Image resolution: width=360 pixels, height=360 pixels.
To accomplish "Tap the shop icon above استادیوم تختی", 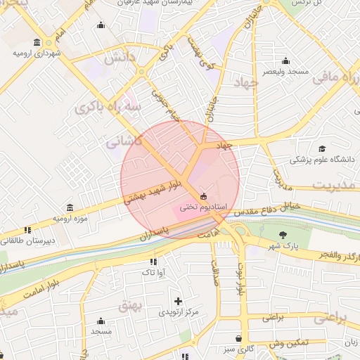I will pos(203,196).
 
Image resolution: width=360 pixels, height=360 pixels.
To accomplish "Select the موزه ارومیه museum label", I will pos(70,219).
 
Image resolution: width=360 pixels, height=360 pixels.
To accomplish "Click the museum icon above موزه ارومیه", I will pos(69,208).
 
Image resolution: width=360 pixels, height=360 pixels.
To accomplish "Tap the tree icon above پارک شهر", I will pos(283,235).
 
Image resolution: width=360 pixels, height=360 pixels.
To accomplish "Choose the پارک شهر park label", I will pos(283,246).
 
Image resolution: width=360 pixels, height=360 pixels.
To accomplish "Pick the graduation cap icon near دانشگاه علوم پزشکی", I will pos(322,148).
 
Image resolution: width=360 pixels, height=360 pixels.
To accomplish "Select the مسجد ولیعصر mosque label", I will pos(285,72).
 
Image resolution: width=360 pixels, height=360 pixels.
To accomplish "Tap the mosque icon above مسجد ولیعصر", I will pos(285,61).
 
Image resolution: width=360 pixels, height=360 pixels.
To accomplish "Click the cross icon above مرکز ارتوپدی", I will pos(179,301).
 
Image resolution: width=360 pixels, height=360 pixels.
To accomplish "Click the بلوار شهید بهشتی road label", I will pos(153,190).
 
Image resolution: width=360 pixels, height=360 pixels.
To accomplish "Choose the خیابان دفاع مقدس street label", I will pos(266,208).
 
